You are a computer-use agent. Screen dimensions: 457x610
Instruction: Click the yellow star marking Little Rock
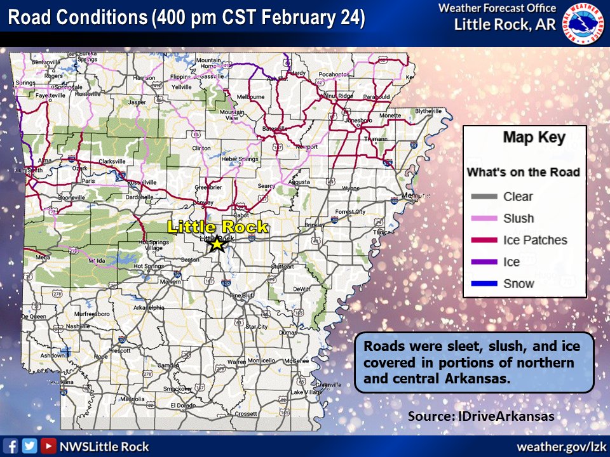click(x=217, y=243)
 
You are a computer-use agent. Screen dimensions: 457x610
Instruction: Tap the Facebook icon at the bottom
click(x=11, y=446)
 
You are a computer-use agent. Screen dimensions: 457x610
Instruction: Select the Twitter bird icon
click(x=29, y=446)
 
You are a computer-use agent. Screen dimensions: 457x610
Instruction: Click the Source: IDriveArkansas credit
click(x=481, y=416)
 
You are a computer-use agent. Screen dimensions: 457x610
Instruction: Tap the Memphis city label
click(x=416, y=195)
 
